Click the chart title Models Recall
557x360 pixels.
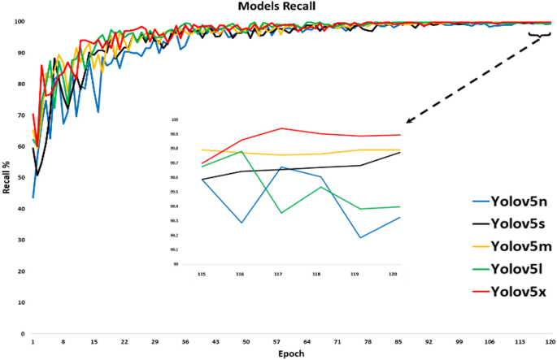tap(276, 7)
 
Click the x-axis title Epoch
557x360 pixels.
tap(291, 353)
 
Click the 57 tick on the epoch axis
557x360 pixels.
tap(279, 342)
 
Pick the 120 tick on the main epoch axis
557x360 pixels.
tap(550, 342)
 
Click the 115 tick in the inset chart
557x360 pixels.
tap(201, 275)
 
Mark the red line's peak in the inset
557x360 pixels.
tap(281, 128)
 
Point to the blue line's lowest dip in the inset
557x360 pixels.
tap(359, 237)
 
